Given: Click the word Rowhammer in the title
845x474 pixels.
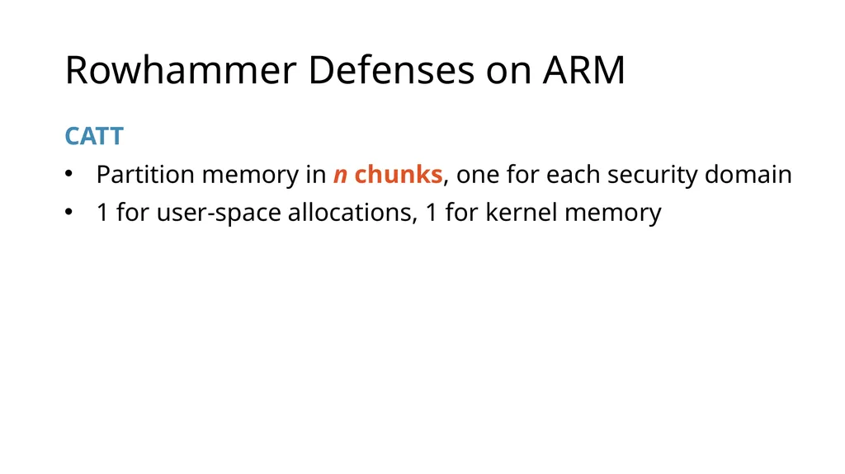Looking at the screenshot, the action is (181, 70).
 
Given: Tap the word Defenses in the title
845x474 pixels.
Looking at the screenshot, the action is (391, 70).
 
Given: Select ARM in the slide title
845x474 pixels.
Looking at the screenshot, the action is (583, 70).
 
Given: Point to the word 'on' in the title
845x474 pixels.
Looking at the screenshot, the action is (508, 74).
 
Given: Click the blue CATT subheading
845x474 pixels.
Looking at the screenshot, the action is (94, 136).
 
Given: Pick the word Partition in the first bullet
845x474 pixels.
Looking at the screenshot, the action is (145, 174).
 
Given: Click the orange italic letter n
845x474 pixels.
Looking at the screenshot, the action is (340, 176).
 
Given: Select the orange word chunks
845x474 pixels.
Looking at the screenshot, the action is (399, 174).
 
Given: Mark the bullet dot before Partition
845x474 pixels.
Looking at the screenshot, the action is (68, 173).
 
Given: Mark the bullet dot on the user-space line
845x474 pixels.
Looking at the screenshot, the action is (68, 211).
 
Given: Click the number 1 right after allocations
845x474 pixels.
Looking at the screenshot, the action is (432, 212).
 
